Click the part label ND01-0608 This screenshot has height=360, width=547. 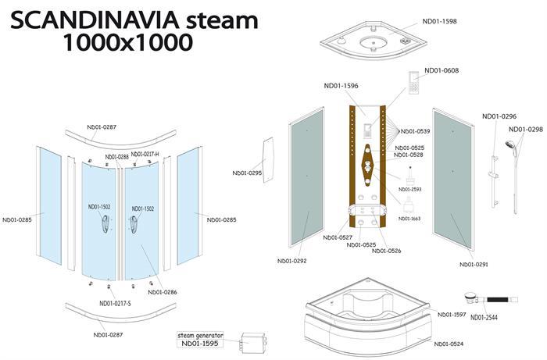(x=442, y=71)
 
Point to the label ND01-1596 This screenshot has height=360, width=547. (x=341, y=87)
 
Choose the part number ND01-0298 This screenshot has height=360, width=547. (x=526, y=130)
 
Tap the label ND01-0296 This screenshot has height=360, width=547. (x=499, y=116)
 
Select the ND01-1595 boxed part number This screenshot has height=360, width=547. (x=201, y=344)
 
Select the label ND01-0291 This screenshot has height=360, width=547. (x=474, y=264)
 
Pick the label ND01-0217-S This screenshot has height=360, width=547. (x=116, y=304)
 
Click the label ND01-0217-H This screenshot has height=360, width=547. (x=145, y=155)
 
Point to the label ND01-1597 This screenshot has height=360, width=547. (x=452, y=315)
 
